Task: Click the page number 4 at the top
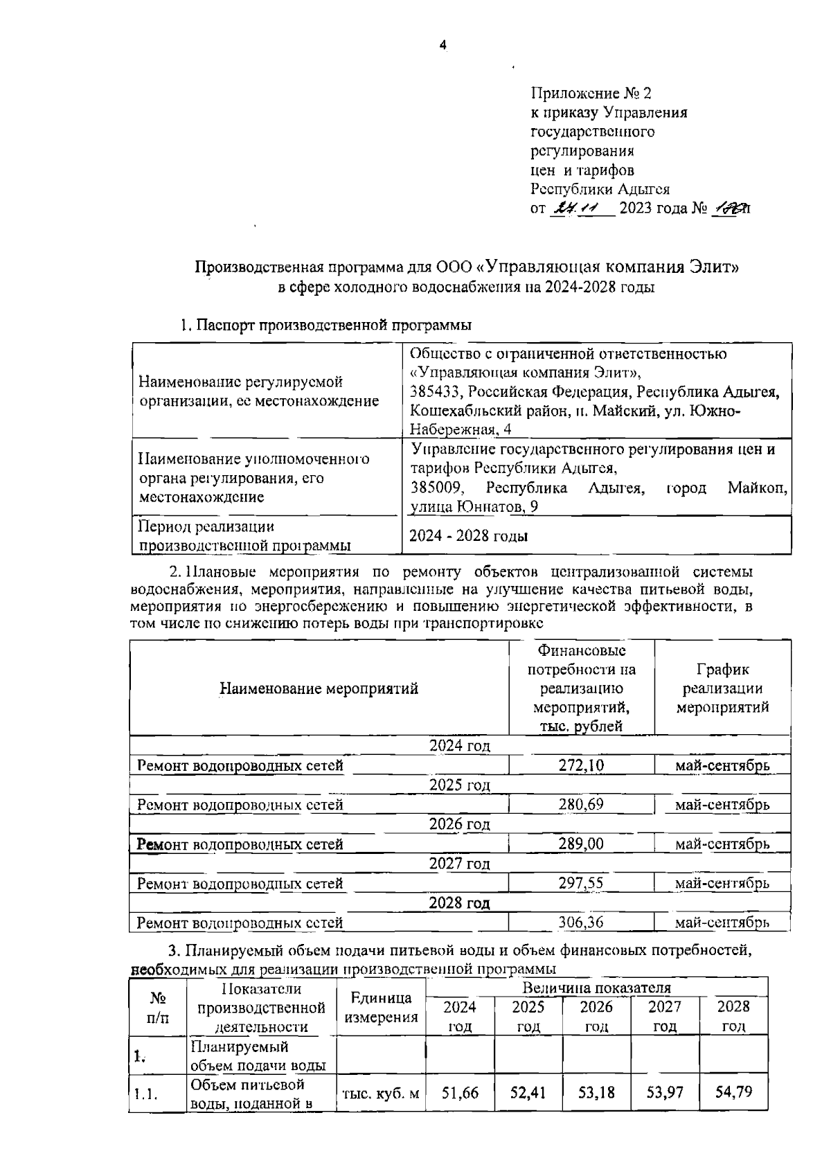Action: [x=443, y=46]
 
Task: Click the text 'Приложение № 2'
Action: [x=591, y=93]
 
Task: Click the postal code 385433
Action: [x=434, y=392]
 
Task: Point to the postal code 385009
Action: [x=434, y=488]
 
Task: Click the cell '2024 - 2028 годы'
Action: [x=468, y=535]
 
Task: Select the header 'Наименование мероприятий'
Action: [x=319, y=688]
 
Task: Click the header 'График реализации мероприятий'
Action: [x=722, y=688]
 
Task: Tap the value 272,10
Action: [x=581, y=765]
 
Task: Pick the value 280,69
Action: [x=581, y=805]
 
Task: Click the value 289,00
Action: [x=581, y=844]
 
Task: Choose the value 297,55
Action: [x=581, y=883]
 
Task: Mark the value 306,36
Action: [x=581, y=923]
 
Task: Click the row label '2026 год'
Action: [x=459, y=824]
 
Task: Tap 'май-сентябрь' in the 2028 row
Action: [x=722, y=923]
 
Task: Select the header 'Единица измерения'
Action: [x=381, y=1007]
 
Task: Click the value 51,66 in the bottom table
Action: [x=460, y=1093]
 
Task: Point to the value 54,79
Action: [x=733, y=1093]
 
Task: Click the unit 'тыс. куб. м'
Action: [x=381, y=1094]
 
